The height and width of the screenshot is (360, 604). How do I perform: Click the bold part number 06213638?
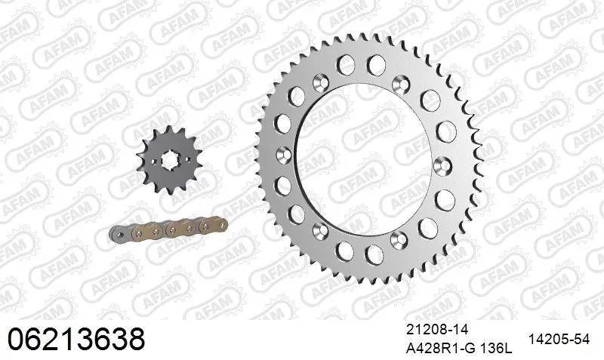(x=75, y=337)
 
